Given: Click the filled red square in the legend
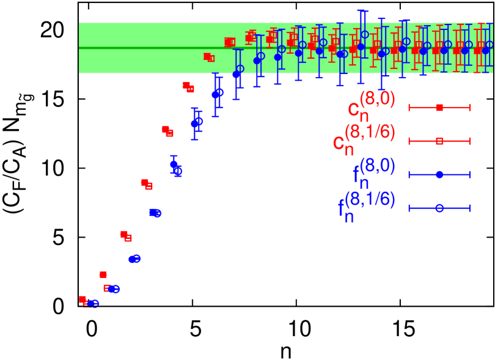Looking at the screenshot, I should pyautogui.click(x=439, y=108).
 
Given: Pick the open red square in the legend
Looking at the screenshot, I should pyautogui.click(x=439, y=141).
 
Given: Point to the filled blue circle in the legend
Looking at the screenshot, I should pyautogui.click(x=439, y=175).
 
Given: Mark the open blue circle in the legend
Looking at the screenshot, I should pyautogui.click(x=439, y=208).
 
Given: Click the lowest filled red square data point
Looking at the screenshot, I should pyautogui.click(x=82, y=299).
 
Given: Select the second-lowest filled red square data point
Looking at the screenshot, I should pyautogui.click(x=103, y=274).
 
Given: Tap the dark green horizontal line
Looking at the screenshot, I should pyautogui.click(x=153, y=48).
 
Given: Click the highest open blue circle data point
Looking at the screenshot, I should pyautogui.click(x=365, y=35).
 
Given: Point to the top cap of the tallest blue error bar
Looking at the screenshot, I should pyautogui.click(x=361, y=10).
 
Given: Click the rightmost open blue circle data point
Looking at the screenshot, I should pyautogui.click(x=490, y=45).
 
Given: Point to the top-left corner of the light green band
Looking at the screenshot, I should pyautogui.click(x=79, y=23).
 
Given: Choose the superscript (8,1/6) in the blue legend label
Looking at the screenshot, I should pyautogui.click(x=370, y=199).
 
